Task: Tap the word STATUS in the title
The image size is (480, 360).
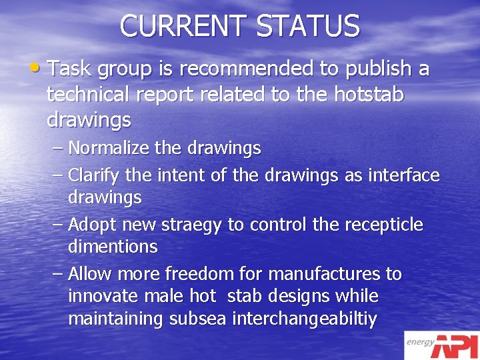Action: (308, 26)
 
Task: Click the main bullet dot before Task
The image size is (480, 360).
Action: (40, 68)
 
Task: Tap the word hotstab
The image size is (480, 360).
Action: (367, 95)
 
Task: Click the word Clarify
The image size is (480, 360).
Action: (93, 175)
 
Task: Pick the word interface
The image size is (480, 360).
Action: (401, 175)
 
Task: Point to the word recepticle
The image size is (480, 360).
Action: (383, 225)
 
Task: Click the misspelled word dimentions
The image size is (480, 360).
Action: (113, 247)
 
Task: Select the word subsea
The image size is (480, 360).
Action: (196, 319)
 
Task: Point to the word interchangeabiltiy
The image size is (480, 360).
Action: (305, 319)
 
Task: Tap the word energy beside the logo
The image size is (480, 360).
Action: (421, 342)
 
